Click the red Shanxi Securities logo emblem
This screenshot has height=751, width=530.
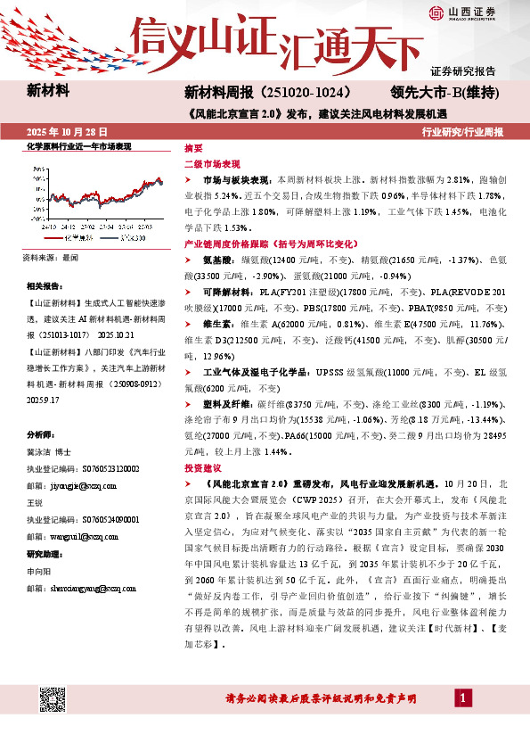[436, 12]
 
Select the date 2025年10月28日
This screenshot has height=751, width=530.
[62, 132]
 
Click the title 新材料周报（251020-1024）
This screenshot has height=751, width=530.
[269, 93]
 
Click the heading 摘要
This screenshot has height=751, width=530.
[192, 147]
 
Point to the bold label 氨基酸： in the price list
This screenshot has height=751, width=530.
[218, 259]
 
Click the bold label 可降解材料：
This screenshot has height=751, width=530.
[226, 291]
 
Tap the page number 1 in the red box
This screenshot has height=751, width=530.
[464, 721]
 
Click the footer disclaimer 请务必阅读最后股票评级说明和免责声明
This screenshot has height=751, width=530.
[310, 722]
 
